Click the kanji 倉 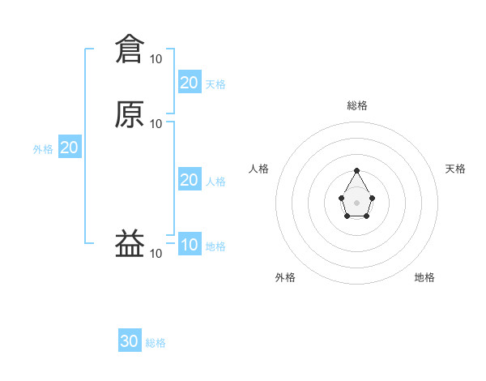pos(130,49)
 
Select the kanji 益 pos(130,243)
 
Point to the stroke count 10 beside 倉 pos(156,58)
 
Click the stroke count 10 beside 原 pos(156,123)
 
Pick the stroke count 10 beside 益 pos(156,254)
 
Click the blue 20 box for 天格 pos(189,82)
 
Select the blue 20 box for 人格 pos(189,180)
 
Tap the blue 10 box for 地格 pos(189,246)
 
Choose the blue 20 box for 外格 pos(69,148)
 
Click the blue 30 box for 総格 pos(130,341)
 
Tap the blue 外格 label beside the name pos(43,148)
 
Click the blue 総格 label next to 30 pos(156,343)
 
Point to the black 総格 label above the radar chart pos(357,105)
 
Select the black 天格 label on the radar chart pos(455,169)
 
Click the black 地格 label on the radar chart pos(424,277)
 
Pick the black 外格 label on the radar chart pos(285,277)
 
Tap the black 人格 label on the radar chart pos(259,169)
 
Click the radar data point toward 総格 pos(357,171)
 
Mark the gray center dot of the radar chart pos(357,202)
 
